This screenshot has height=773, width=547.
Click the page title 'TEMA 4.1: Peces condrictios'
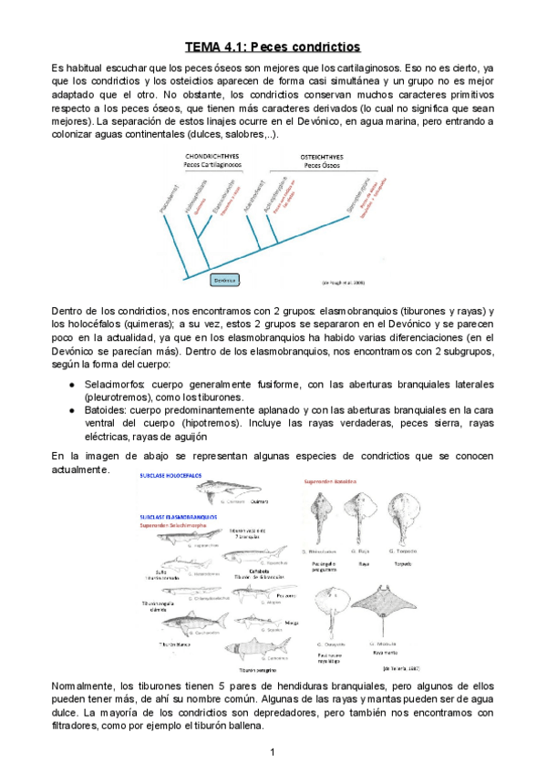(273, 46)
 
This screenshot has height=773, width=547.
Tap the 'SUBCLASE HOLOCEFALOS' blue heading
(170, 476)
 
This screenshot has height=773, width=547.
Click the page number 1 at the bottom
(272, 752)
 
